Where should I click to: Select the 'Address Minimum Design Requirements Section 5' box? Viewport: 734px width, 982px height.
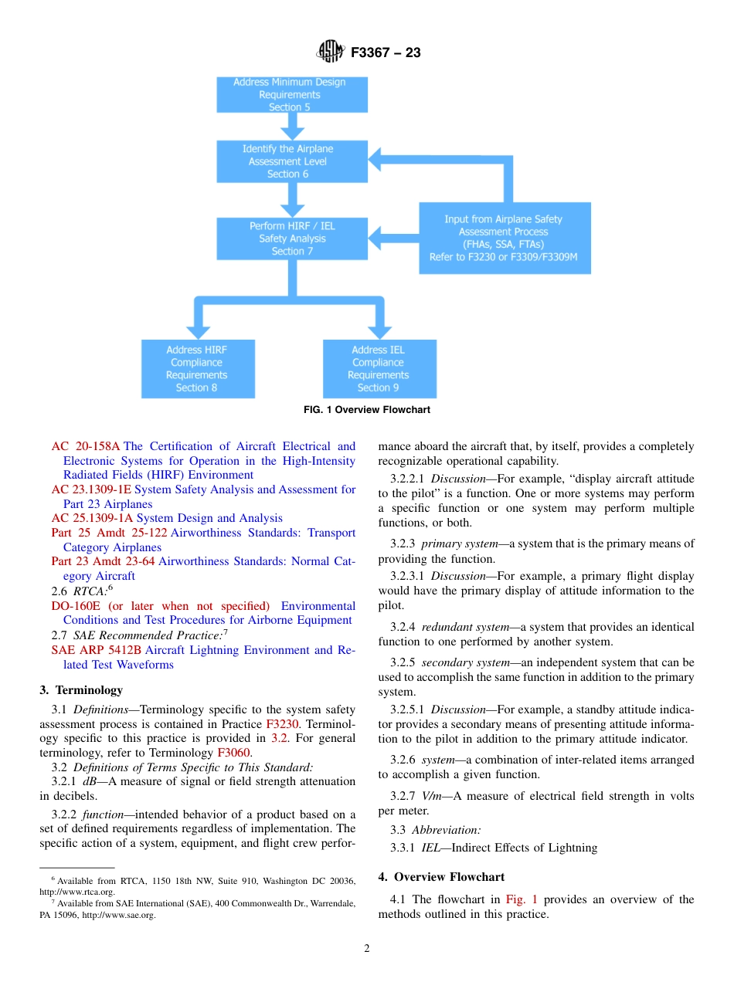coord(290,95)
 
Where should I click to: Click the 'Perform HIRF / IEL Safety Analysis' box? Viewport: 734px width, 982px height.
coord(292,239)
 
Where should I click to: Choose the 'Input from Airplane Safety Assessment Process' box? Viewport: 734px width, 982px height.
coord(504,238)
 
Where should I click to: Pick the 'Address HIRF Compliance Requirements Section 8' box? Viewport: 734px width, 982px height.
coord(197,369)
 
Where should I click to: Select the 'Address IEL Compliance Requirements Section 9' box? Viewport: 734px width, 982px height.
coord(379,369)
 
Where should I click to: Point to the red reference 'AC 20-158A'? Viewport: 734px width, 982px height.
coord(86,446)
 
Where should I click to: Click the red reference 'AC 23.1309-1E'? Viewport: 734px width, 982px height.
coord(91,489)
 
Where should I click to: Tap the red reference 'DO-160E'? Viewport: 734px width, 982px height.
coord(75,606)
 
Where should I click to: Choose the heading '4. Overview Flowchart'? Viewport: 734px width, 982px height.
coord(441,877)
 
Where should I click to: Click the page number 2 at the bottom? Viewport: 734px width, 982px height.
coord(367,949)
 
